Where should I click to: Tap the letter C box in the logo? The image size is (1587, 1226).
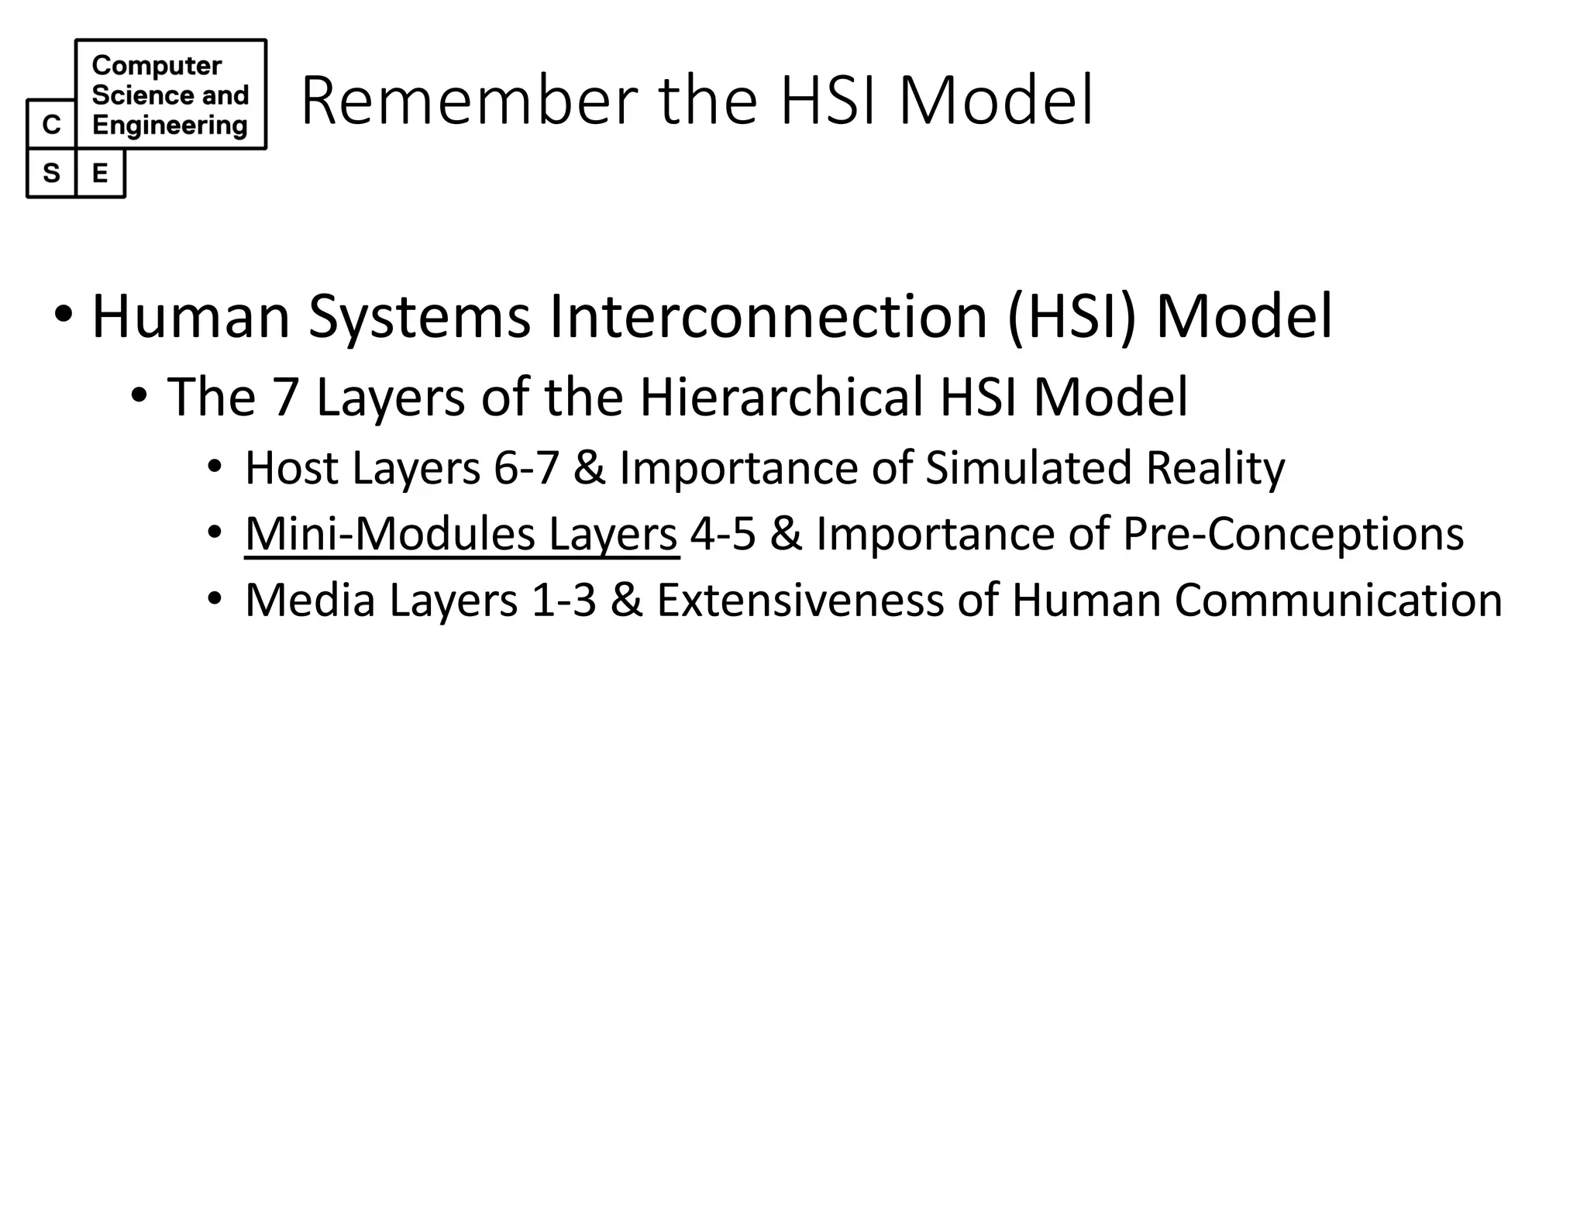(51, 124)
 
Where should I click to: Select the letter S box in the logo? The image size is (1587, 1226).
(51, 173)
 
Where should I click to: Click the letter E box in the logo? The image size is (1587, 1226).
(100, 173)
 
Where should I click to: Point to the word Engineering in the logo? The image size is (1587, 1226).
(170, 125)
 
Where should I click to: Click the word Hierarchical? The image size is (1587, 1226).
(781, 397)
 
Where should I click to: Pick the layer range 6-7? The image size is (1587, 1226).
(526, 468)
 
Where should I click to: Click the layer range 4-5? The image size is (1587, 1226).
(722, 534)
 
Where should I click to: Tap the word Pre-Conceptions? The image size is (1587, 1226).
(1293, 534)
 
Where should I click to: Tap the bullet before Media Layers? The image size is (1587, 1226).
(215, 598)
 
